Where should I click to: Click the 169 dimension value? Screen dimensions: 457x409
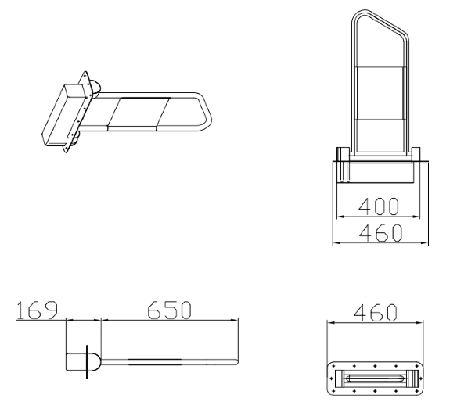pyautogui.click(x=37, y=310)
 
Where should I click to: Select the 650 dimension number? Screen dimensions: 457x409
pyautogui.click(x=169, y=310)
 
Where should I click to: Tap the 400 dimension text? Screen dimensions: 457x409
pyautogui.click(x=378, y=206)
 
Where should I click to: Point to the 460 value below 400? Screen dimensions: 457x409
pyautogui.click(x=380, y=233)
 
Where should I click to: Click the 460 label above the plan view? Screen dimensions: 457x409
pyautogui.click(x=376, y=313)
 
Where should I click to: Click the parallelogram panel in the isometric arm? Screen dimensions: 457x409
pyautogui.click(x=139, y=113)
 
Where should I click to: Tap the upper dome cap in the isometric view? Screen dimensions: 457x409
pyautogui.click(x=95, y=87)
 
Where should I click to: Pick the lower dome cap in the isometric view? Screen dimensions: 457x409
pyautogui.click(x=75, y=138)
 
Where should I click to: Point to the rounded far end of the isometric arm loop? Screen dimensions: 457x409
pyautogui.click(x=207, y=111)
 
